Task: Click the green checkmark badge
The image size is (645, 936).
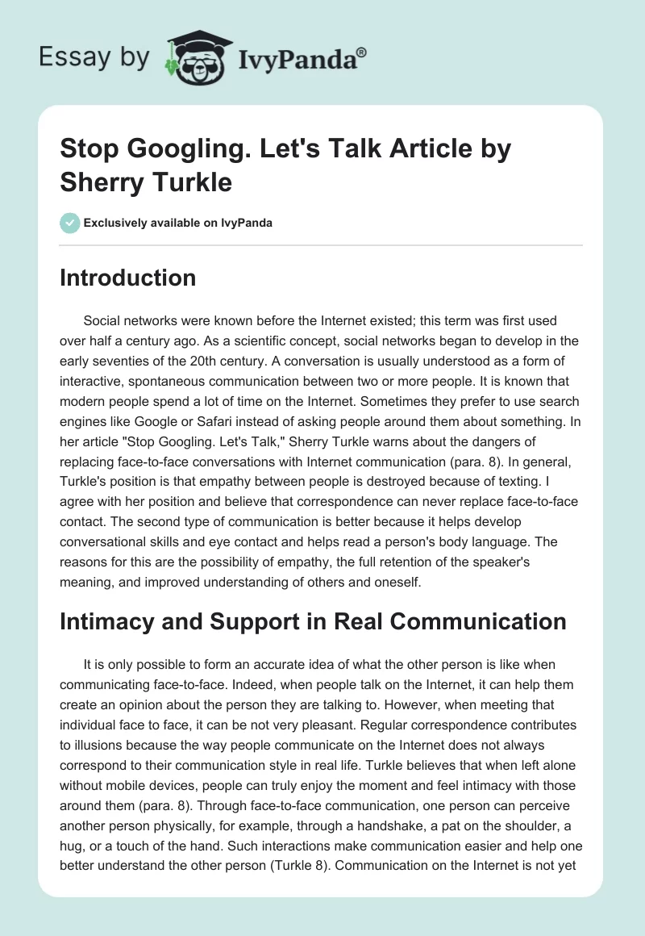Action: tap(69, 222)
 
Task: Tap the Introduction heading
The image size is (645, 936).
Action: tap(128, 278)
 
